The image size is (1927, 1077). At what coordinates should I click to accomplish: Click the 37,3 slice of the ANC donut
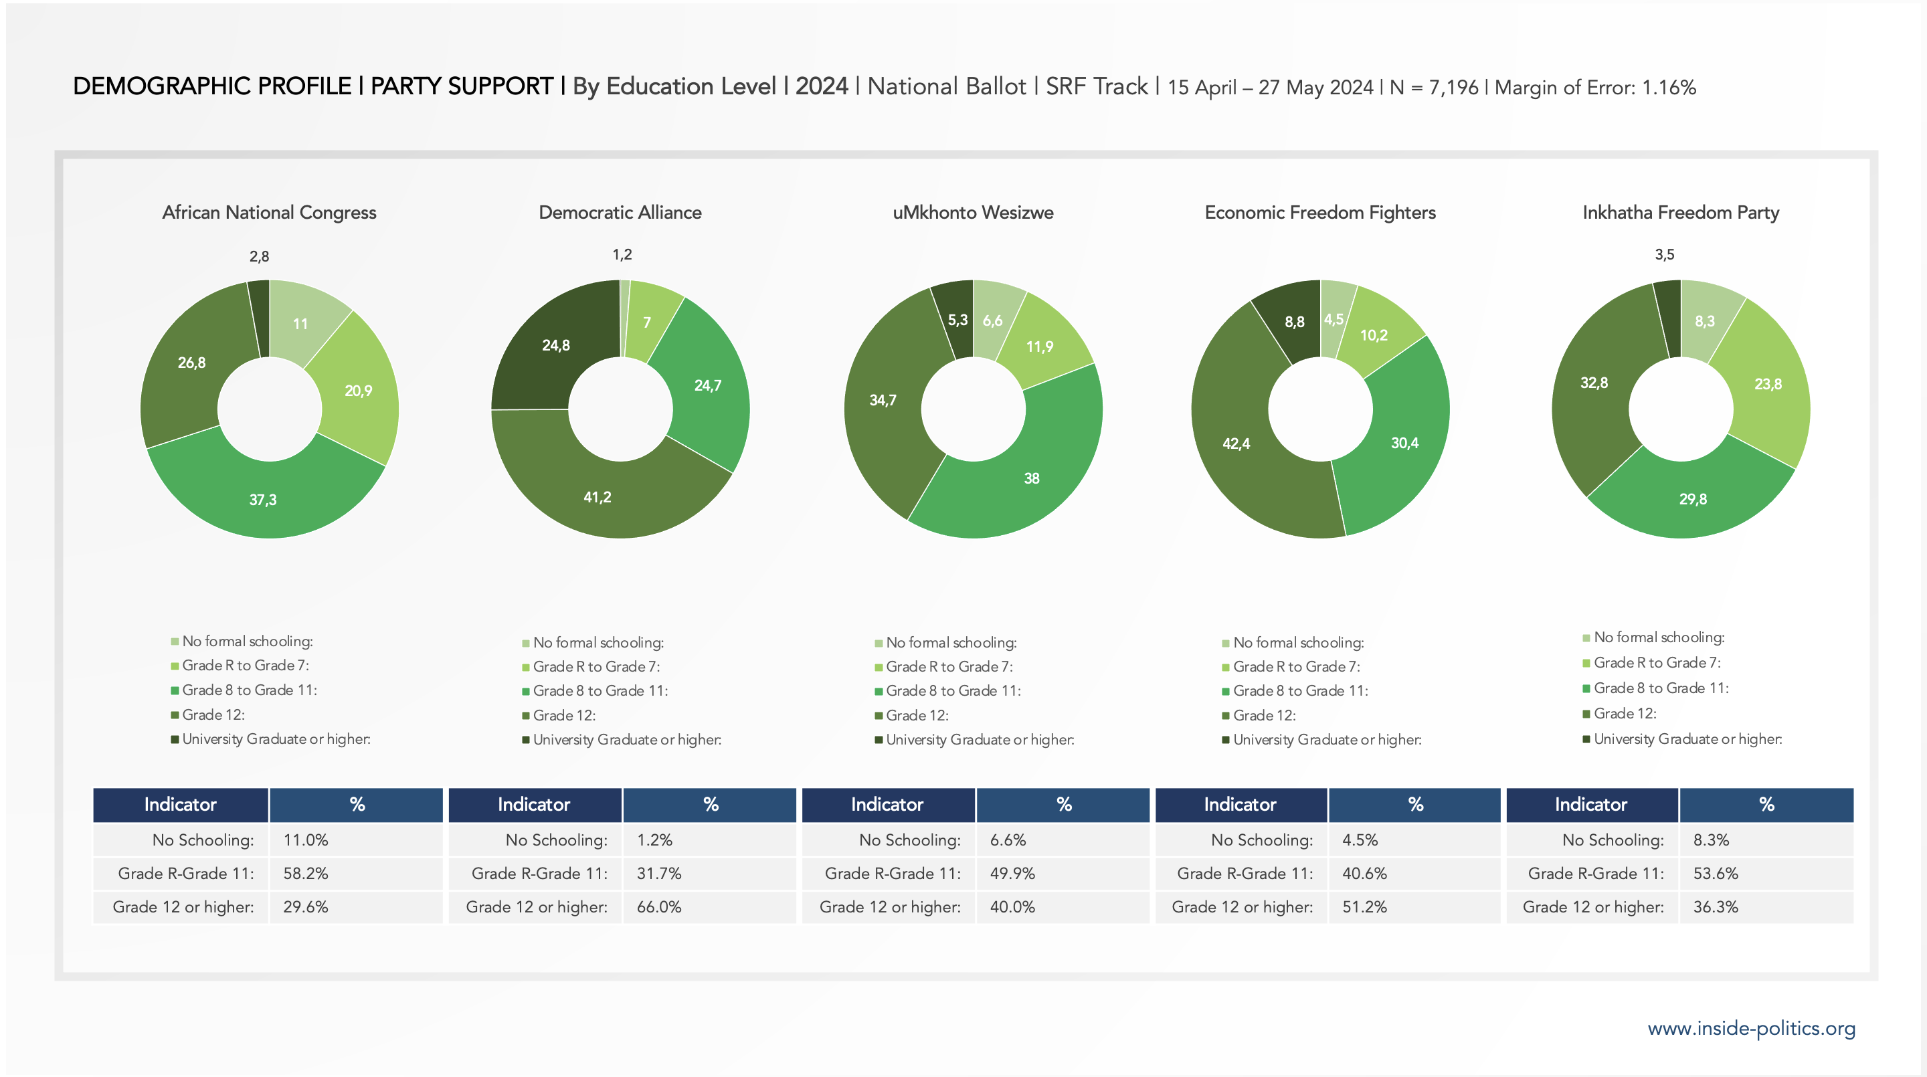click(264, 499)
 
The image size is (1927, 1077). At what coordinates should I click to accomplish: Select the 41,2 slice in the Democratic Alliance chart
click(598, 496)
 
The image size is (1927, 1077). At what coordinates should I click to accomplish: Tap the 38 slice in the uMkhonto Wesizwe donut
click(1032, 478)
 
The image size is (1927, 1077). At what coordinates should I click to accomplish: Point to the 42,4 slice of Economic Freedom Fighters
click(1236, 444)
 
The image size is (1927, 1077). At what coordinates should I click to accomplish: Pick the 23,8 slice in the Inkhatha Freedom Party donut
click(1768, 384)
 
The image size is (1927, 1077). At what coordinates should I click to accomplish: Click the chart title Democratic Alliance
click(620, 213)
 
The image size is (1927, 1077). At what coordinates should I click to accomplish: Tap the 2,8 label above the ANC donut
click(259, 256)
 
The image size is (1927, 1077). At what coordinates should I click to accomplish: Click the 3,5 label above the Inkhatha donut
click(1665, 255)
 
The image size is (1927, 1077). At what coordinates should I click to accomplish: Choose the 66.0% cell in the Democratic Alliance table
click(659, 906)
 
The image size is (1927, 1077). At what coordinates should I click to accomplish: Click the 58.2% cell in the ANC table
click(306, 873)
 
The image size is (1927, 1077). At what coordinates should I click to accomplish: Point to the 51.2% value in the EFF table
click(1364, 906)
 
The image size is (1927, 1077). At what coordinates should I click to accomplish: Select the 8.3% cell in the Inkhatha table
click(1711, 840)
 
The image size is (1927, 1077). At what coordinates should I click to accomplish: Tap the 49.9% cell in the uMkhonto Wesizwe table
click(1012, 873)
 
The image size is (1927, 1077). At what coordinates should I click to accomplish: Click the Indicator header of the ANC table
click(180, 804)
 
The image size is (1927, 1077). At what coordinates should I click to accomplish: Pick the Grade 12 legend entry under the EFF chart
click(1264, 716)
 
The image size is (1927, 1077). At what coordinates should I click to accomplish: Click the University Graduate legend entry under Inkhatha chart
click(1687, 739)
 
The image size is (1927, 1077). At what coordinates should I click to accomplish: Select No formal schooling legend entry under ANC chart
click(247, 641)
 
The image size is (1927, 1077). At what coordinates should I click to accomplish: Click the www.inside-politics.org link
click(1751, 1028)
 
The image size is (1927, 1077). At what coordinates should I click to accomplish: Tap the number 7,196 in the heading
click(1453, 88)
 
